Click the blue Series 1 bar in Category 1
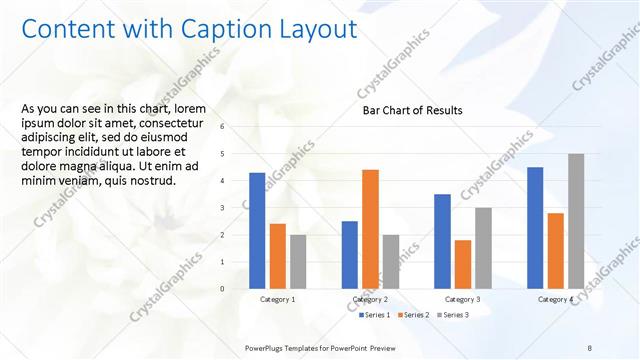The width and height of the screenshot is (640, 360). (257, 231)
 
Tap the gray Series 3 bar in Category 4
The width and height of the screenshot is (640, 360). (576, 221)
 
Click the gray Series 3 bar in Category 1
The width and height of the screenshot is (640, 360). (298, 262)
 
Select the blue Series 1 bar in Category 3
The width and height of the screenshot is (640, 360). (442, 241)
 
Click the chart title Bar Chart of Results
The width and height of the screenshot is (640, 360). (412, 111)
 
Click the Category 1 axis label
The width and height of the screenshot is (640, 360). (277, 299)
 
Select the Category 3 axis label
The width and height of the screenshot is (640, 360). (462, 299)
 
